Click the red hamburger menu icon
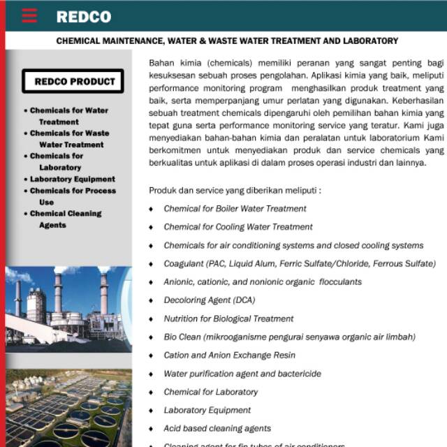29,16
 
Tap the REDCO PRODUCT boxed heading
73,81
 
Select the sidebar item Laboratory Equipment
73,179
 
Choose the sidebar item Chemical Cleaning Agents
66,219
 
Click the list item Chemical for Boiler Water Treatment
235,209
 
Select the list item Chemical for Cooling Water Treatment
237,227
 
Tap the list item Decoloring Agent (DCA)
209,300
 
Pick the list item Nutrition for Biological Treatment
228,318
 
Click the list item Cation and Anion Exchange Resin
229,356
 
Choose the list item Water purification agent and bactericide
242,374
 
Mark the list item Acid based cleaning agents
217,428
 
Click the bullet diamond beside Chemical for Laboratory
151,393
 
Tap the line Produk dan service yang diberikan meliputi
235,190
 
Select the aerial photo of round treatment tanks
68,409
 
